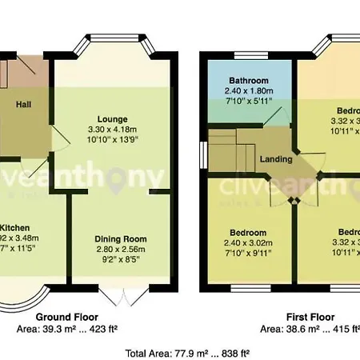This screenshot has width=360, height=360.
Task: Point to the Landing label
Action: click(x=276, y=159)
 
